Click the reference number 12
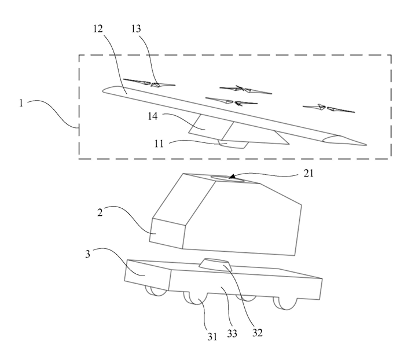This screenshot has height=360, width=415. [98, 28]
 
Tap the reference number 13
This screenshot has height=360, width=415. [136, 28]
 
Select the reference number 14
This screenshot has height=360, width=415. [153, 116]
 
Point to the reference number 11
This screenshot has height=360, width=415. [159, 144]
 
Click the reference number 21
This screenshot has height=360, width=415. [309, 174]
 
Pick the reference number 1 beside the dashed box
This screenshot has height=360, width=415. [21, 102]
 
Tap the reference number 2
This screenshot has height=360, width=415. [100, 212]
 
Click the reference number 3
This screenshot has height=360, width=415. [87, 254]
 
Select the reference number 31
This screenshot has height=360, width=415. [212, 336]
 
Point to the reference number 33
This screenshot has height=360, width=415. [232, 333]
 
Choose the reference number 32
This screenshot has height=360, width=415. [257, 332]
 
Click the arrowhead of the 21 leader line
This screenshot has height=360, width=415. [232, 177]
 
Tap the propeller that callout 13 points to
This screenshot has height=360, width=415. [149, 83]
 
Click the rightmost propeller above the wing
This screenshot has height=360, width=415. [329, 108]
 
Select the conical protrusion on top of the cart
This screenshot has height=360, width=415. [215, 265]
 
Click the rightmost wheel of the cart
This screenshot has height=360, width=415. [285, 304]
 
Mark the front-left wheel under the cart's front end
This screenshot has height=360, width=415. [156, 291]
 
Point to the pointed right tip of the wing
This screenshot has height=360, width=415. [366, 145]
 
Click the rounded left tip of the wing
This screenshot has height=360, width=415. [103, 91]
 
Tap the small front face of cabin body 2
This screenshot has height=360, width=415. [167, 233]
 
